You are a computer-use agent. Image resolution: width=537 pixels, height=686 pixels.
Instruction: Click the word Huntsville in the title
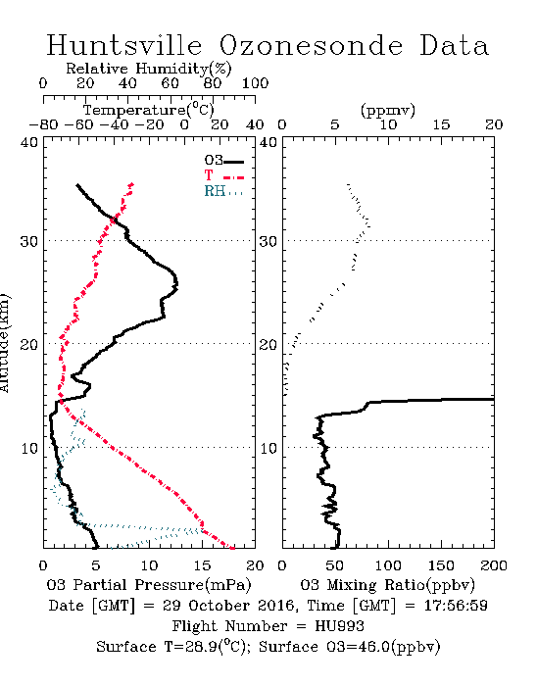point(124,45)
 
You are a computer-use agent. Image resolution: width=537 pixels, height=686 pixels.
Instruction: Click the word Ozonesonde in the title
point(311,46)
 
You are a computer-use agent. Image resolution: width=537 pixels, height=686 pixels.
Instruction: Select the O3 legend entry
point(223,161)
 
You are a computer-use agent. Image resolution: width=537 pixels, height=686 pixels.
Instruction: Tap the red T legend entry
point(223,175)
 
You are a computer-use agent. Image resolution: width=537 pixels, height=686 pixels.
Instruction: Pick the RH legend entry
point(223,191)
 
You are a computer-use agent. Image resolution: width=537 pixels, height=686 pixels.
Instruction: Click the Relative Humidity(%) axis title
point(149,69)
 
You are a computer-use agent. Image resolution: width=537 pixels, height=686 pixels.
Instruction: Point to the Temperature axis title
point(149,110)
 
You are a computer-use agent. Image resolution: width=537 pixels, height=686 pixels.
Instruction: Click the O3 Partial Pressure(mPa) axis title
point(149,585)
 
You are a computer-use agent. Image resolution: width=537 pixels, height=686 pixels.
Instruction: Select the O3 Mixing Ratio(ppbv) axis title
point(387,585)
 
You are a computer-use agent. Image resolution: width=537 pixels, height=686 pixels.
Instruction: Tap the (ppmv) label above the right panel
point(388,111)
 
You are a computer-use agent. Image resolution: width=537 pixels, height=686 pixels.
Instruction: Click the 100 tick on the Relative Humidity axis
point(255,83)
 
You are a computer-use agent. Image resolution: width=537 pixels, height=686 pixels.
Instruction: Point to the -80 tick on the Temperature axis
point(44,125)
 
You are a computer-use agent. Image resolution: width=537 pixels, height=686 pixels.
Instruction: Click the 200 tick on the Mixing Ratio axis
point(494,565)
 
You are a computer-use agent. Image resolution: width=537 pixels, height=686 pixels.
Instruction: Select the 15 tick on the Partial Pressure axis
point(202,565)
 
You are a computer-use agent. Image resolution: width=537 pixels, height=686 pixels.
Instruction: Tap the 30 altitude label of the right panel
point(268,241)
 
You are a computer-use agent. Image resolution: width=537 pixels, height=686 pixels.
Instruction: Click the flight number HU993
point(339,626)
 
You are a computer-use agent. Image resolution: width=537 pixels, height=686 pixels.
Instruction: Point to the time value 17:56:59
point(456,606)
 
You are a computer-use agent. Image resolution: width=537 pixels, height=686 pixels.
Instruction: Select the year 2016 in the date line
point(275,606)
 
